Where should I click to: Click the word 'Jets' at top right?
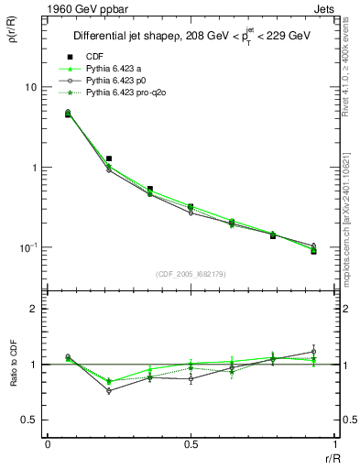[327, 8]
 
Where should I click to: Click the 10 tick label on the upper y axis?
[30, 87]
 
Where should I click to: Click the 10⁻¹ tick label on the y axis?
[27, 247]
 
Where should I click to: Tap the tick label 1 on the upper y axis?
[34, 168]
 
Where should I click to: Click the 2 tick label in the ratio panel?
[34, 309]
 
